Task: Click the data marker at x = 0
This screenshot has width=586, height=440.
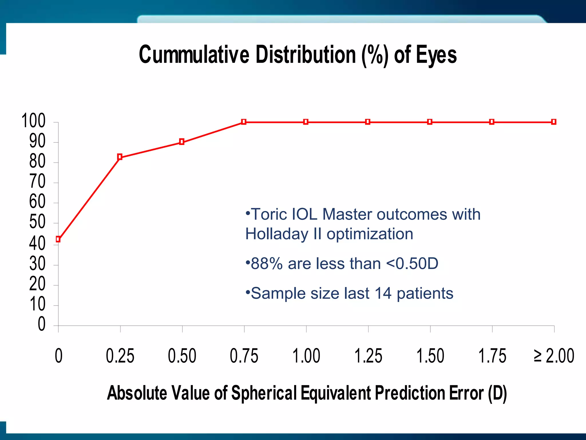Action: click(58, 239)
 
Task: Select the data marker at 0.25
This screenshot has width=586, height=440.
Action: click(120, 157)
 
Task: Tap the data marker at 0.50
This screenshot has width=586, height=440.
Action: click(182, 142)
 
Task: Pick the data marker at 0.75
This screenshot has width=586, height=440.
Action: click(243, 122)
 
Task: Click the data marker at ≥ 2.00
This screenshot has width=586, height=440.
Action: click(554, 122)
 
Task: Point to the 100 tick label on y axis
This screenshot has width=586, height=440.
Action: click(33, 121)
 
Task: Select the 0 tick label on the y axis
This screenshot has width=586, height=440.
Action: click(41, 324)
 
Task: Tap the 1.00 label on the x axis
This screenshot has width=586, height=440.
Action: click(306, 356)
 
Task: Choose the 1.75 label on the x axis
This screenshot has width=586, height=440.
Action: click(492, 356)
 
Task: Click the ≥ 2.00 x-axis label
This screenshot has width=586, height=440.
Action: click(554, 356)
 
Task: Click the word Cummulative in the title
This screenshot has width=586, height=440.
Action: click(194, 55)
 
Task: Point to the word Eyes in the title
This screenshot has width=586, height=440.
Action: click(436, 55)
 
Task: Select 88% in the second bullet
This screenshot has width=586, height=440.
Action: click(267, 264)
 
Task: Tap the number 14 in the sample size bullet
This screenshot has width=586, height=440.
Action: click(383, 293)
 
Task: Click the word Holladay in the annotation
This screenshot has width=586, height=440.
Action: click(277, 234)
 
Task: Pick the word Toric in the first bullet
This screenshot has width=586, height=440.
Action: click(268, 214)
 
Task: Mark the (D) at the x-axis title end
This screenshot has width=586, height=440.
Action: click(497, 393)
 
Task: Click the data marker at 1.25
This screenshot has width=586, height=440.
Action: click(368, 122)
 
